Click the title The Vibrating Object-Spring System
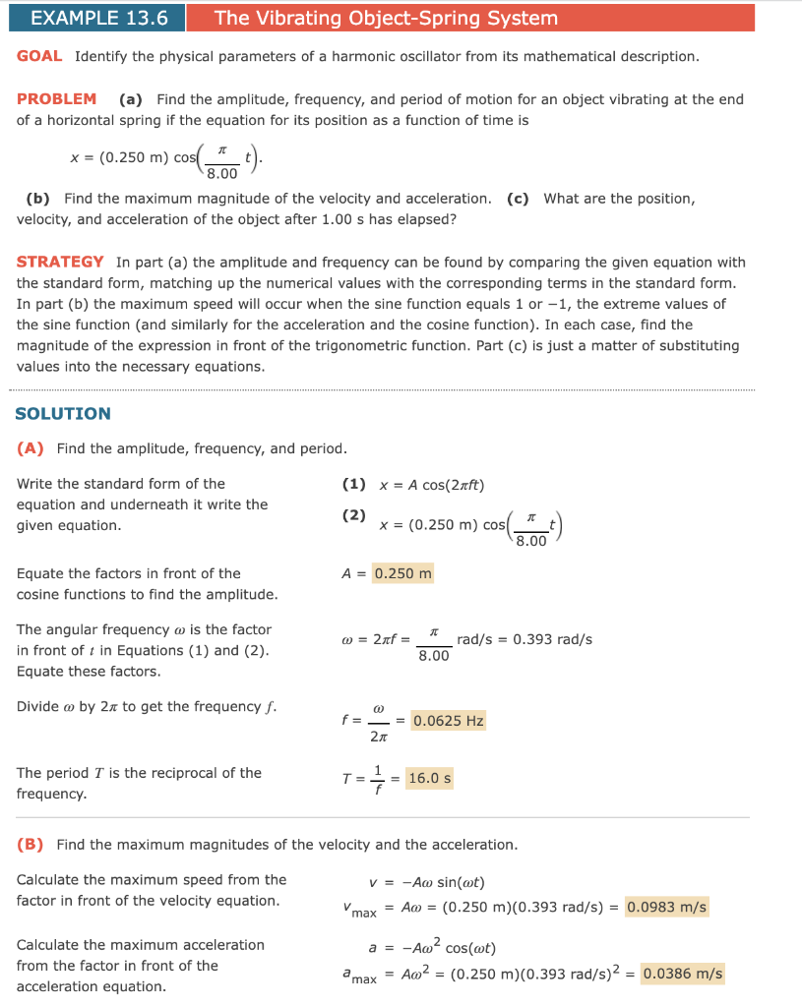[386, 18]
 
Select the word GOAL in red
[39, 56]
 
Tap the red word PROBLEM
[56, 98]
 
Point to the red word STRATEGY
[60, 262]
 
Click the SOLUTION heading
[63, 413]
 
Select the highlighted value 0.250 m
[402, 573]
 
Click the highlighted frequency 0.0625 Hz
[448, 721]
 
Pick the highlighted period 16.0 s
[429, 779]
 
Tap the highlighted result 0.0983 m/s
[666, 907]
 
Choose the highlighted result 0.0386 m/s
[682, 975]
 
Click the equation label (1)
[353, 484]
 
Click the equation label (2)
[353, 515]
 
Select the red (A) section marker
[31, 448]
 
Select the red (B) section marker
[31, 844]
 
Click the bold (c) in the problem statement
[518, 199]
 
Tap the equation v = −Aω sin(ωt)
[427, 881]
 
